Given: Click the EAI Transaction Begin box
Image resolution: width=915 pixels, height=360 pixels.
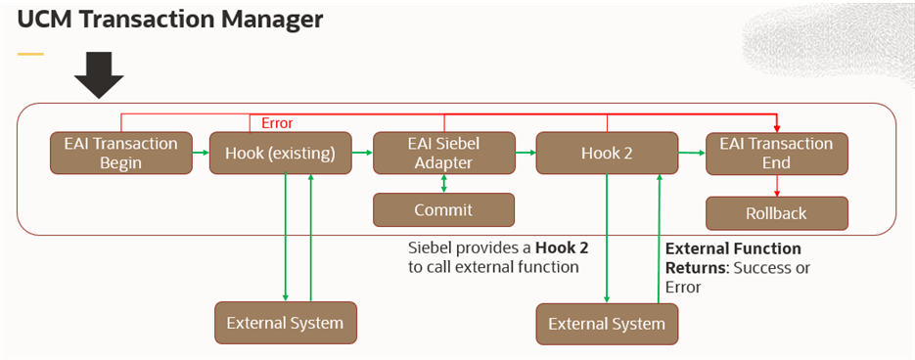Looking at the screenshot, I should click(x=120, y=154).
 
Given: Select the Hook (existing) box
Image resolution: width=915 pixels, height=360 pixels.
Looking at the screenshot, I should click(x=279, y=154).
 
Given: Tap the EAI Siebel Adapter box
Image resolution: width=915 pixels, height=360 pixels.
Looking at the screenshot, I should click(x=443, y=154).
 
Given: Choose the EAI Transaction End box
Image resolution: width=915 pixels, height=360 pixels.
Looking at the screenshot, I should click(x=776, y=154).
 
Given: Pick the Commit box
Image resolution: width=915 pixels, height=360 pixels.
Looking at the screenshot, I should click(x=443, y=210).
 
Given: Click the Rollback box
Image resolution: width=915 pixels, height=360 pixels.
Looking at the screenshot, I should click(x=776, y=212).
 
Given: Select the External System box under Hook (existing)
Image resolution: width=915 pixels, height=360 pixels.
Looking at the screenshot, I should click(x=285, y=323).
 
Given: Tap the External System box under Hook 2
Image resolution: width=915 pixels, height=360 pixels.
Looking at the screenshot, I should click(x=607, y=324).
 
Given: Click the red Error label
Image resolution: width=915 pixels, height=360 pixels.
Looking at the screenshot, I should click(x=277, y=122).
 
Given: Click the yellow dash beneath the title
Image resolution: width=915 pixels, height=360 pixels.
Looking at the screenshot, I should click(x=31, y=54).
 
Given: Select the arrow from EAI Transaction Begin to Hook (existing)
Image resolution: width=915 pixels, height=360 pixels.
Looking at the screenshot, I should click(x=199, y=153).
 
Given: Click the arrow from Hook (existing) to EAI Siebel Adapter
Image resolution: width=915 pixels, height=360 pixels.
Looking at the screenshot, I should click(x=360, y=153).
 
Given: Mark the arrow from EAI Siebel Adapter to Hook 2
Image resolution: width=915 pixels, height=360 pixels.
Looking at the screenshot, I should click(x=525, y=153).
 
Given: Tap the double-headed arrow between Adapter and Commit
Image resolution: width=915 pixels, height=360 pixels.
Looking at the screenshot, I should click(x=443, y=184).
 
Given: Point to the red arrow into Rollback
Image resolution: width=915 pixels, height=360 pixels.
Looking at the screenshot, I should click(x=776, y=186).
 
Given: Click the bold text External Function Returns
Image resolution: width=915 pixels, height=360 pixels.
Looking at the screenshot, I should click(x=732, y=257).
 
